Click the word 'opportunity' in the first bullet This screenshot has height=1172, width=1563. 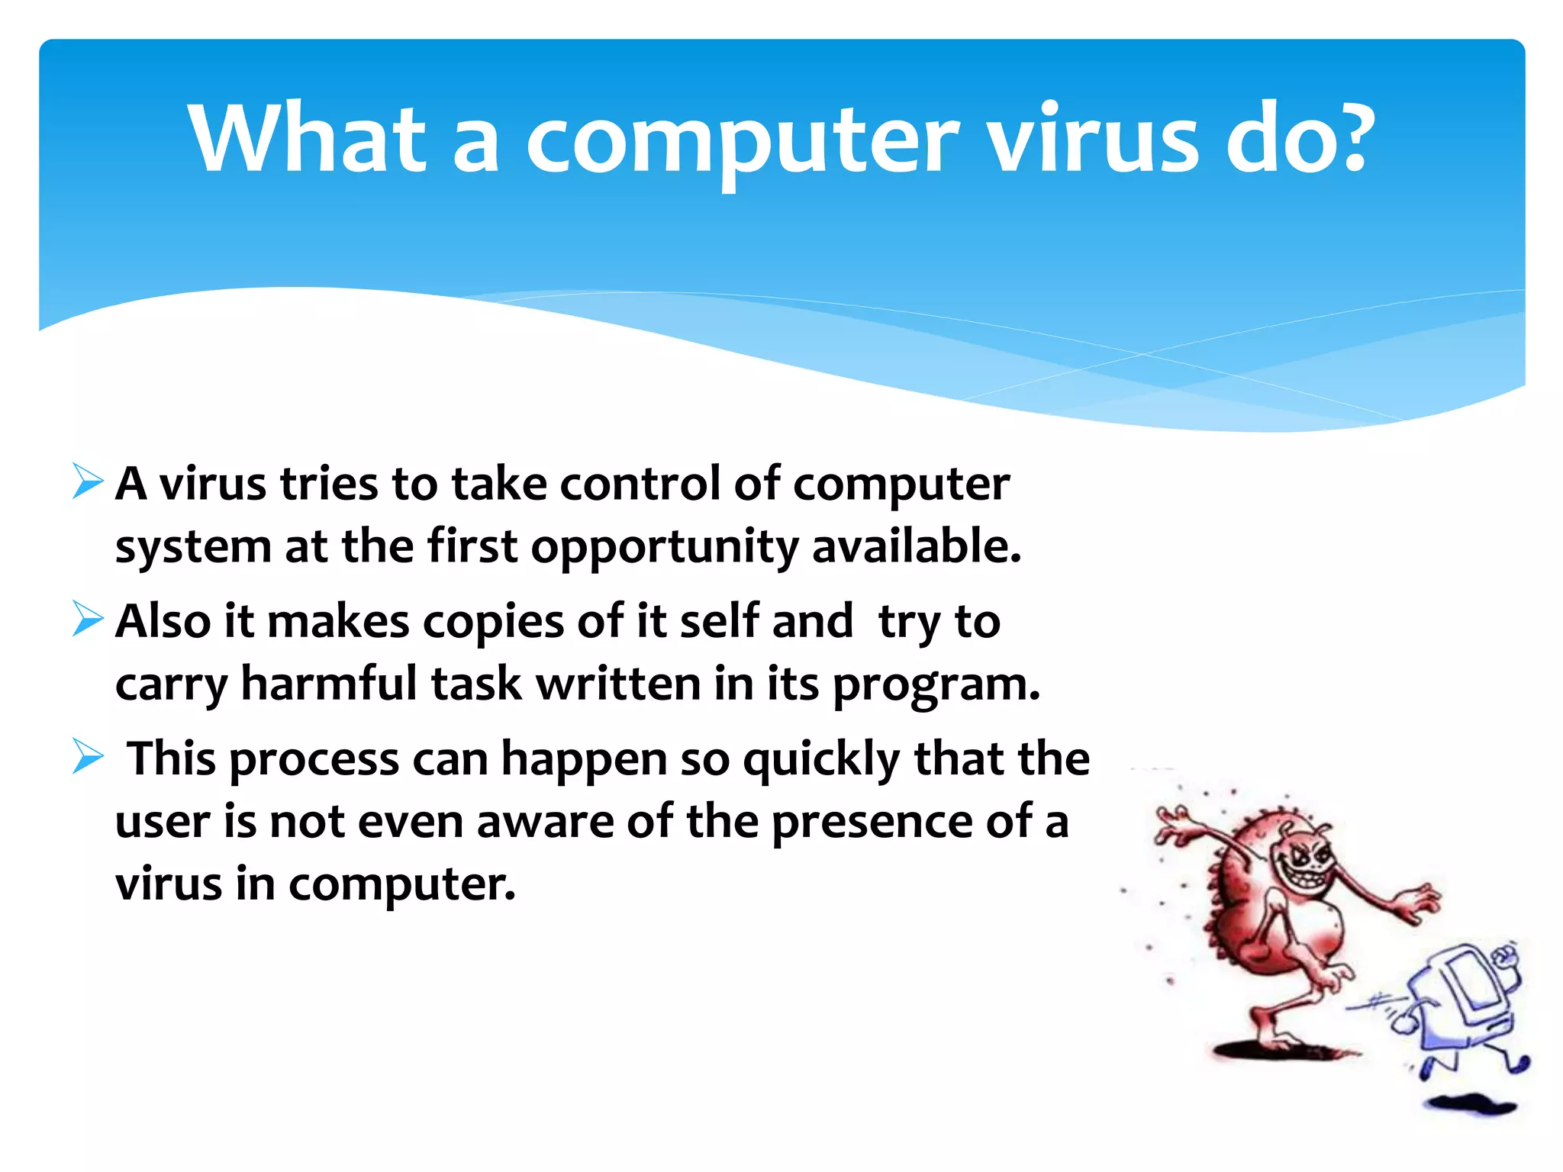(x=664, y=548)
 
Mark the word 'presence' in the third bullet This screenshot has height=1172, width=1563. (x=871, y=823)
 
